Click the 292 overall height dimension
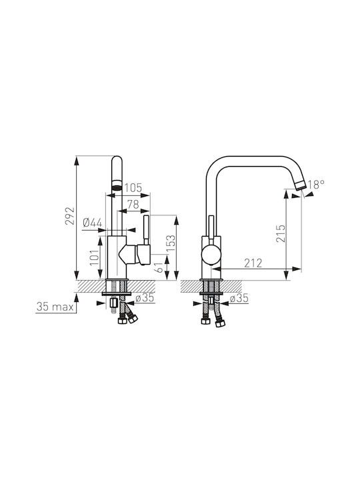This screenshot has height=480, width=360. click(71, 216)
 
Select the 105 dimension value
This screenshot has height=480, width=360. click(133, 187)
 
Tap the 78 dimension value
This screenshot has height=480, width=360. click(133, 204)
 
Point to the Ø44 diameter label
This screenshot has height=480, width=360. click(93, 223)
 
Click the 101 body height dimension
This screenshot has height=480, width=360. click(95, 257)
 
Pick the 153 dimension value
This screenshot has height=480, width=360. click(172, 243)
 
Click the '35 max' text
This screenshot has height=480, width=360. click(55, 307)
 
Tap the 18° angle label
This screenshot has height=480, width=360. click(316, 184)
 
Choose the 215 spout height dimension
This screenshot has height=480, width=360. click(281, 233)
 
